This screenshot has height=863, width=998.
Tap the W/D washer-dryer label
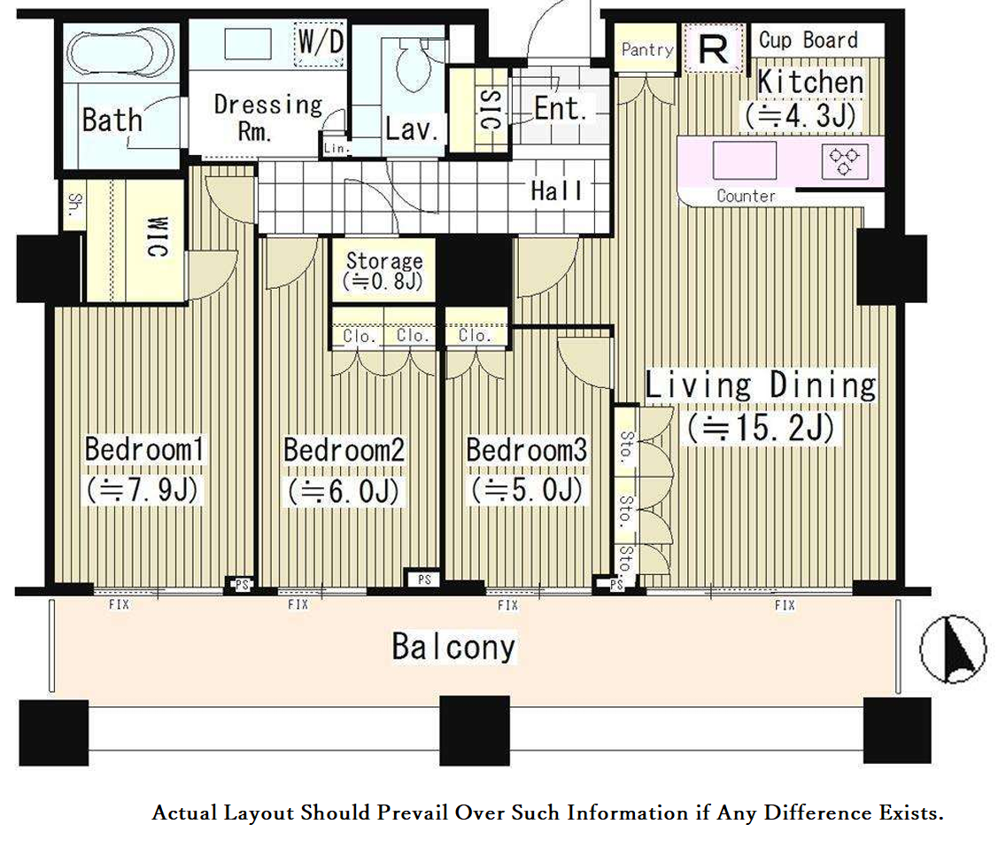coord(321,42)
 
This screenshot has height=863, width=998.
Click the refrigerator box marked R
coord(713,49)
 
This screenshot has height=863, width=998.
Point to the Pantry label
coord(647,50)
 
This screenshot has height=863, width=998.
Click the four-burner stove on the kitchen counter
coord(845,161)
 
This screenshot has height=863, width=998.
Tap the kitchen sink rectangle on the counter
coord(745,160)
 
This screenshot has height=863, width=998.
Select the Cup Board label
coord(808,40)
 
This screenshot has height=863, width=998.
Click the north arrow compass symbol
coord(953,649)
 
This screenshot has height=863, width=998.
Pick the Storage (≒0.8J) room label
coord(383,270)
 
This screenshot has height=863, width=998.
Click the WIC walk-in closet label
coord(158,237)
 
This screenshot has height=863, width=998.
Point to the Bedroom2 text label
coord(344,449)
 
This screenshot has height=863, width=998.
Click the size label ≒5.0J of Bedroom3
coord(527,490)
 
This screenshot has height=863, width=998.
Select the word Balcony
coord(453,647)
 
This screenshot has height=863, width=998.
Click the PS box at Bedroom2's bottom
coord(424,579)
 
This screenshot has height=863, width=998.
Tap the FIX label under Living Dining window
coord(785,605)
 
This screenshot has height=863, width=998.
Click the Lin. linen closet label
coord(336,148)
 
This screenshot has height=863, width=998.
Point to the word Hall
coord(556,190)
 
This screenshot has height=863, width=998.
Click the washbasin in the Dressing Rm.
coord(248,44)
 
